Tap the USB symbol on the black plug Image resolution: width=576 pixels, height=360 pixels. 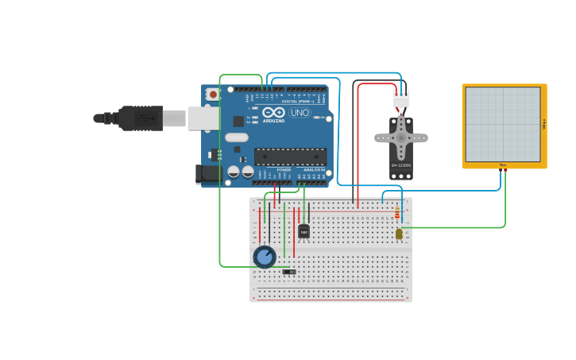tap(143, 118)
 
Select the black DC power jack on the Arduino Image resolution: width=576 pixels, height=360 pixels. tap(208, 172)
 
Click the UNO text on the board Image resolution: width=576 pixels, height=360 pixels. tap(300, 113)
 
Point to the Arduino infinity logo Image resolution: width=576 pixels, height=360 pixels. tap(273, 112)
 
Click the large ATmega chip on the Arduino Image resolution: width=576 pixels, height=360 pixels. tap(289, 157)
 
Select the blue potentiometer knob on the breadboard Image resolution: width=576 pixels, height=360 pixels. tap(265, 257)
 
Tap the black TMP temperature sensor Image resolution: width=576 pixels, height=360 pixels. tap(303, 231)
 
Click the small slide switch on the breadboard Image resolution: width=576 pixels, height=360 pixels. tap(289, 272)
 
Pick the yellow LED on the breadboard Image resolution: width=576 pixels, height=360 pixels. tap(398, 234)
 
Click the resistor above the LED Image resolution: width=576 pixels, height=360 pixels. tap(397, 213)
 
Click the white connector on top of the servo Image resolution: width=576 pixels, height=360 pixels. tap(400, 100)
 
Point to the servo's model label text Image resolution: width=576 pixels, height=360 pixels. tap(401, 165)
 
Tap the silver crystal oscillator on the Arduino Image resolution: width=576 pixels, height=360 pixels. tap(236, 137)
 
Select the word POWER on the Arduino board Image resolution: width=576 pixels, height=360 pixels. tap(284, 169)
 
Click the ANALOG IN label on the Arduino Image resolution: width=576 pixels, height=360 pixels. tap(315, 169)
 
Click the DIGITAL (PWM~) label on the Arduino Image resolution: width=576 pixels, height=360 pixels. tap(296, 101)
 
